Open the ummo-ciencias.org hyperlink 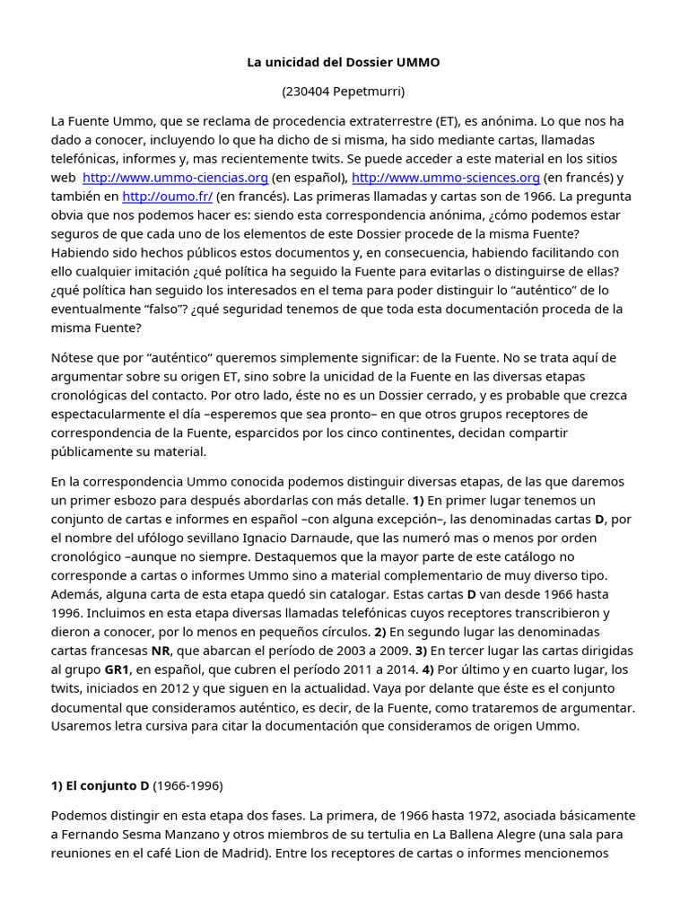pyautogui.click(x=175, y=178)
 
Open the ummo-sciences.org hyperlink pyautogui.click(x=445, y=178)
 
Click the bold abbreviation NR pyautogui.click(x=161, y=651)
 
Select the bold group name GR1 pyautogui.click(x=118, y=670)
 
